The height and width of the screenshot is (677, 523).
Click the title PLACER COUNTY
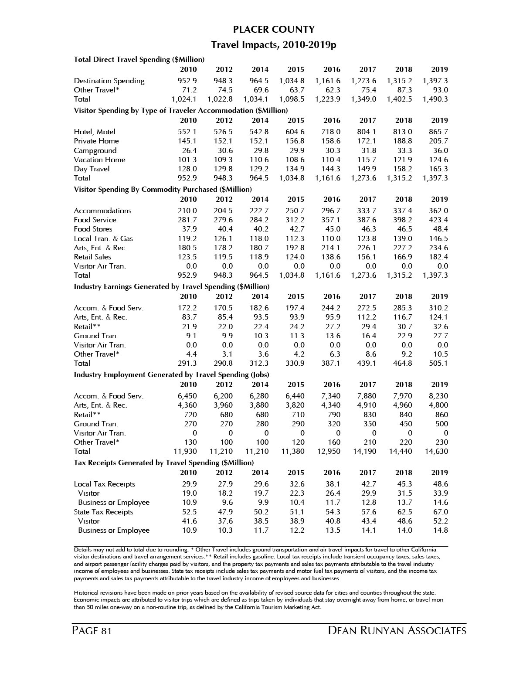point(274,30)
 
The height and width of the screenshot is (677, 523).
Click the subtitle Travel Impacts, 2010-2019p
point(274,45)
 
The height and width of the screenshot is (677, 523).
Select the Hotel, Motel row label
point(95,132)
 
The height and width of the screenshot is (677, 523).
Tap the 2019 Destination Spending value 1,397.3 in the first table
point(435,81)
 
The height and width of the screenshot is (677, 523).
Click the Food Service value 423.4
point(438,220)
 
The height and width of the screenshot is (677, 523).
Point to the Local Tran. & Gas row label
point(103,238)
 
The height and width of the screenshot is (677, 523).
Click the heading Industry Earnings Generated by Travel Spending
point(171,286)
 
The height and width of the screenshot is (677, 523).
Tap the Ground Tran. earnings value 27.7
point(441,336)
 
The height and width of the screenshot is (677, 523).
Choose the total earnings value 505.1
point(438,363)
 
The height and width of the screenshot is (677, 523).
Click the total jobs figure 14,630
point(436,451)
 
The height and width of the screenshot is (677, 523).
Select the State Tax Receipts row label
point(103,512)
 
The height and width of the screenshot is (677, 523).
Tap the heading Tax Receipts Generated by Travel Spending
point(163,463)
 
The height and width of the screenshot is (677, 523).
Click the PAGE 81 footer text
point(92,631)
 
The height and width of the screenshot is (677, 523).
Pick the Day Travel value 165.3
point(438,169)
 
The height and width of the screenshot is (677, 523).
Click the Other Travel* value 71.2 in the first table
point(189,90)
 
